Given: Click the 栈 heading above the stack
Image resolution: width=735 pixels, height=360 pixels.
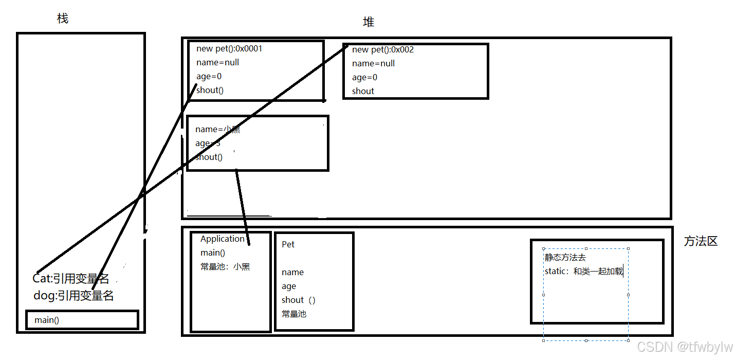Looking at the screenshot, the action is click(63, 19).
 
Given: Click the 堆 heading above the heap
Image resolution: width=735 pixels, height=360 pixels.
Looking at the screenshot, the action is click(369, 22).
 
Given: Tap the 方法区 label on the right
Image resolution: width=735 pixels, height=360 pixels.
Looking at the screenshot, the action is click(700, 241).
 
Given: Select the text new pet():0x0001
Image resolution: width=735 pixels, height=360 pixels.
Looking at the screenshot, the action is click(229, 49).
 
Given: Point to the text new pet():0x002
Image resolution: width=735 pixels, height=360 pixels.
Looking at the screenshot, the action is click(383, 50).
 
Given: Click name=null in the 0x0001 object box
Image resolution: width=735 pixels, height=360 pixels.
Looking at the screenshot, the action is click(217, 63).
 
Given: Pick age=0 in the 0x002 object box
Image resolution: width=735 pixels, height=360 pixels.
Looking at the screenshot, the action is click(364, 77).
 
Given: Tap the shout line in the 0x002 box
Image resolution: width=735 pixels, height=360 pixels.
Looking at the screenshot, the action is click(363, 91).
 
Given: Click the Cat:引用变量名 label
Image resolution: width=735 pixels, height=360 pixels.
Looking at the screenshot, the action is click(71, 279).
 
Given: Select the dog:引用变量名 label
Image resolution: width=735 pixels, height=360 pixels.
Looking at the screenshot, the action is click(73, 296).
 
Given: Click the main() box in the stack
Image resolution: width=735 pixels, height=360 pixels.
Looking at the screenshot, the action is click(82, 320).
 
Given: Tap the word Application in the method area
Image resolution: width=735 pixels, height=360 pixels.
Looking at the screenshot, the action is click(222, 239).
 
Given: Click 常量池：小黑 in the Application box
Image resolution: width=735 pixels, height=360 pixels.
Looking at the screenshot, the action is click(225, 267).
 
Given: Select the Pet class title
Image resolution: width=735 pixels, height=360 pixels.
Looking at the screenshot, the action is click(288, 244).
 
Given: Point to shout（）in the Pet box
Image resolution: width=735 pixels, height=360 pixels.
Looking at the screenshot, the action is click(298, 300).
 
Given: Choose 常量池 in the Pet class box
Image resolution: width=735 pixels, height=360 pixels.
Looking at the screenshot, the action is click(293, 314).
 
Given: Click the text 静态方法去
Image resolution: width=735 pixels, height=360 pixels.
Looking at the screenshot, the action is click(565, 257).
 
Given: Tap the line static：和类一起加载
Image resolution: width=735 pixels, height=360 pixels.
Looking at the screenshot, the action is click(583, 271).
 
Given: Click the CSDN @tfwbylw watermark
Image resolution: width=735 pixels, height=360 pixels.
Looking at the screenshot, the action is click(685, 347).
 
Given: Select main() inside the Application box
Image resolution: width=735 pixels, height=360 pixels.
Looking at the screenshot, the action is click(212, 253).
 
